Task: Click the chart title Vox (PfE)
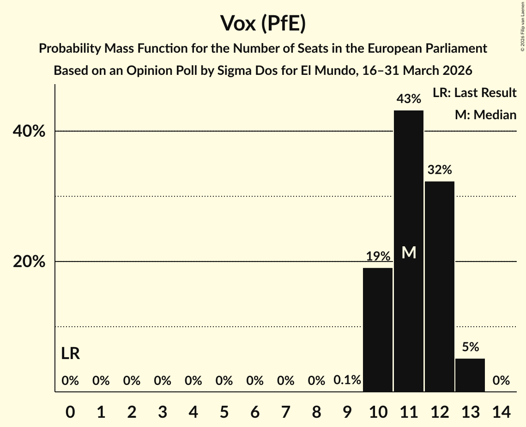pos(263,24)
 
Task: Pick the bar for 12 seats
pos(440,287)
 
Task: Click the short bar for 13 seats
pos(470,375)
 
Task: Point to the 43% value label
pos(409,99)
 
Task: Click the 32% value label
pos(440,170)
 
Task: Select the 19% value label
pos(378,256)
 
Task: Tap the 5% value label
pos(470,347)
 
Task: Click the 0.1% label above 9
pos(347,380)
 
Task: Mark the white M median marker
pos(409,252)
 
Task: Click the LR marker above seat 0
pos(70,354)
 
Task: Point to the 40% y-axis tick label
pos(29,132)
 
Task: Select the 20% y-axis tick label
pos(29,262)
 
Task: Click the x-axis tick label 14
pos(501,411)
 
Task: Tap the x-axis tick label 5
pos(224,411)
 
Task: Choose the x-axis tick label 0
pos(70,411)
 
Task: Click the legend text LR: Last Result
pos(474,93)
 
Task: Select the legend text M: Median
pos(485,115)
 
